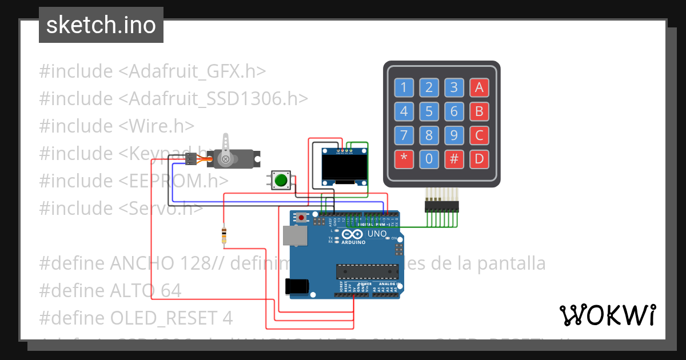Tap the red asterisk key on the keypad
coord(404,159)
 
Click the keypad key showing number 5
coord(429,111)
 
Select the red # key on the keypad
coord(454,159)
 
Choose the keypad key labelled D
coord(479,159)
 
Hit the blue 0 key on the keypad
coord(429,159)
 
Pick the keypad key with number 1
coord(404,87)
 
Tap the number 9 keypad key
coord(454,135)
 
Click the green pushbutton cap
coord(281,180)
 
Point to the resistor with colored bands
coord(224,235)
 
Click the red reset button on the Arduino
coord(301,217)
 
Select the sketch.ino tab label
coord(101,25)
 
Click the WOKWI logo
coord(608,315)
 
